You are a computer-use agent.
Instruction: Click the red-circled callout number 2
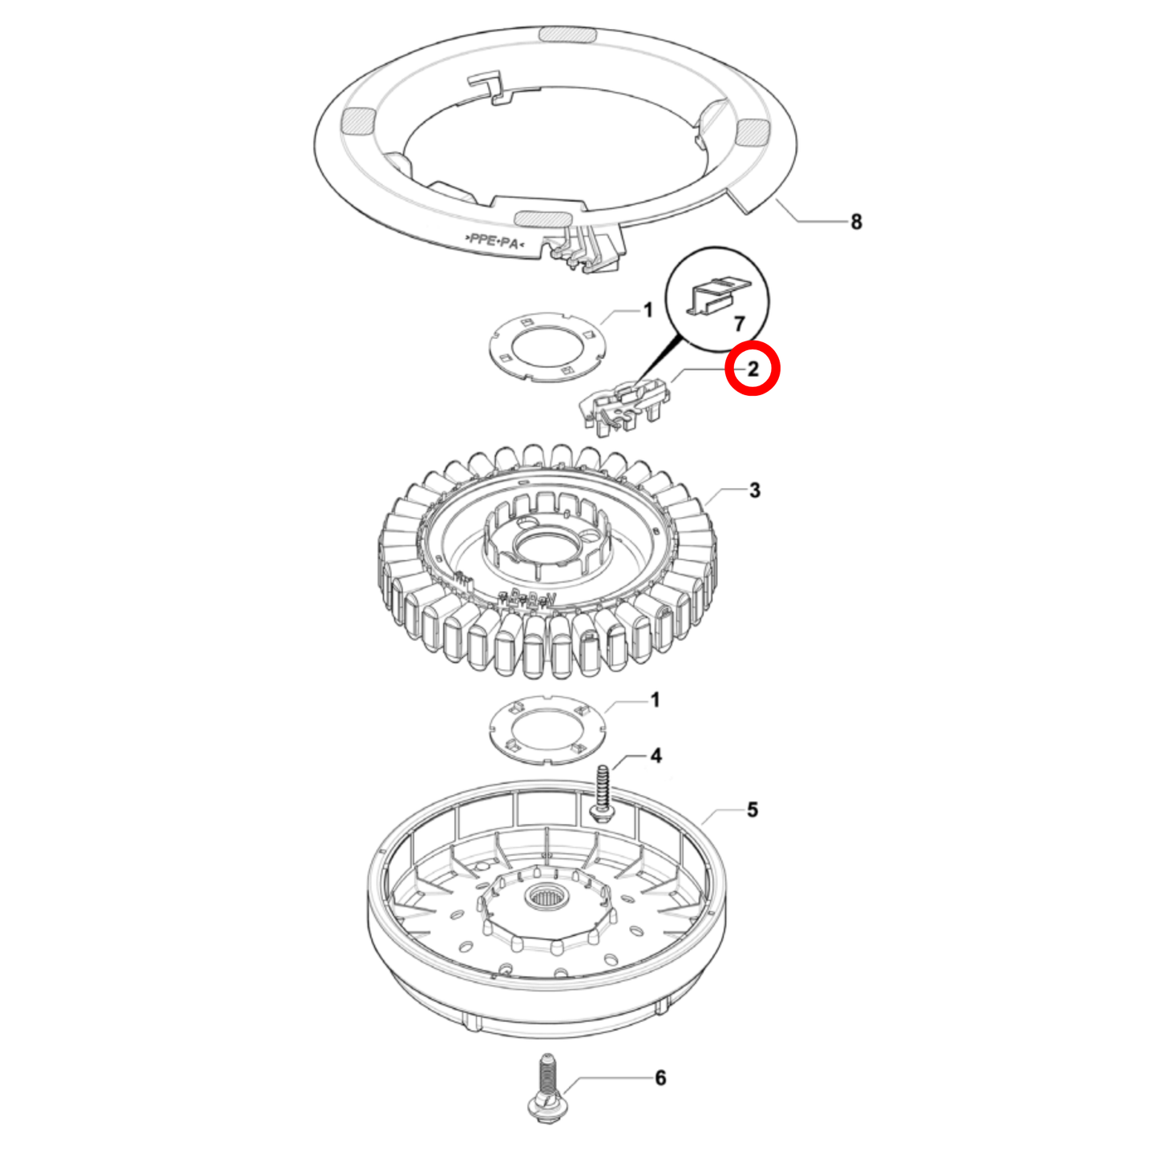pos(752,369)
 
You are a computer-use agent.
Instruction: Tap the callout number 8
pos(856,222)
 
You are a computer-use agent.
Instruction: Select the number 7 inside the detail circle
pos(739,323)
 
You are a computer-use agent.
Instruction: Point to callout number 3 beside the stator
pos(754,490)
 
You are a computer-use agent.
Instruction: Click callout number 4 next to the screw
pos(656,756)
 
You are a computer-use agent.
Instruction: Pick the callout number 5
pos(752,810)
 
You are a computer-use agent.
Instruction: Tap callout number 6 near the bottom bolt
pos(660,1078)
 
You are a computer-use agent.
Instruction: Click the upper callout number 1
pos(648,310)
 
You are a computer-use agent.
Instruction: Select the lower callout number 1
pos(655,700)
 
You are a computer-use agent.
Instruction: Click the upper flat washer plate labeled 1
pos(547,346)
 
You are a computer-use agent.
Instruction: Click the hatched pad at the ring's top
pos(566,34)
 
